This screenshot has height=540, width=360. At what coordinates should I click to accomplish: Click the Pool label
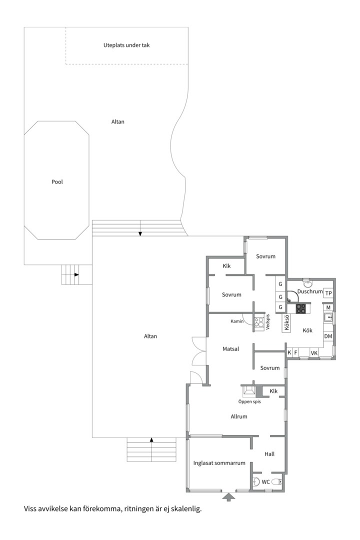click(57, 182)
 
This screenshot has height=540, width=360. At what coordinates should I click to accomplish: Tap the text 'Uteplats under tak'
click(126, 45)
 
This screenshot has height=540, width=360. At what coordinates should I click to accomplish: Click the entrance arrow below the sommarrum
click(228, 496)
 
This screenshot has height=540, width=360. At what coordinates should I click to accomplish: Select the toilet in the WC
click(277, 482)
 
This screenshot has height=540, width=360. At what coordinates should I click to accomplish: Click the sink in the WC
click(256, 481)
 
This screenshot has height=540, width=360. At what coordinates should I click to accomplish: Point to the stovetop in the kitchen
click(300, 308)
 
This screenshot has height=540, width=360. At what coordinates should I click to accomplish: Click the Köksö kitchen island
click(286, 322)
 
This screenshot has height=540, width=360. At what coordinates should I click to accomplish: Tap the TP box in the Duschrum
click(328, 293)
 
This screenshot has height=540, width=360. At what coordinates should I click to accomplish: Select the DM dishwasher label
click(328, 336)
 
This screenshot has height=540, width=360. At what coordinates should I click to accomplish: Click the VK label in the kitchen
click(314, 353)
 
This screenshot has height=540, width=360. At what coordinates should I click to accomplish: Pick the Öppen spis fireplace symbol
click(248, 391)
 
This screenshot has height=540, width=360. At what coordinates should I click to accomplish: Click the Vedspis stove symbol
click(259, 322)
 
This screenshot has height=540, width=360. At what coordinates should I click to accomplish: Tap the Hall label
click(269, 454)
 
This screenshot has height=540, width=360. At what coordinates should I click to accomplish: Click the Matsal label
click(231, 349)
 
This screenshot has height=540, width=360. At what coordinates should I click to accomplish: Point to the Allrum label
click(239, 416)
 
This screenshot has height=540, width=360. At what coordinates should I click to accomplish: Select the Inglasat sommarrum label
click(219, 463)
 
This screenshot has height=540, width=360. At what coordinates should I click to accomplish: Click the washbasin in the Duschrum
click(307, 283)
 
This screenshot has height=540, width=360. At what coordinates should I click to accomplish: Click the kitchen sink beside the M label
click(328, 317)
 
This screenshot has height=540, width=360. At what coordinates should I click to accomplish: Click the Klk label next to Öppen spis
click(273, 391)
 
